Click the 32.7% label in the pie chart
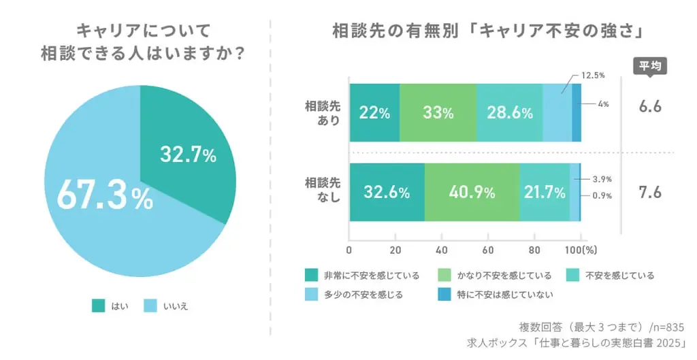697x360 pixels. click(x=188, y=155)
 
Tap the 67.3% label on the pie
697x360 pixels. click(x=104, y=195)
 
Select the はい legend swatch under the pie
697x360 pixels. click(x=98, y=306)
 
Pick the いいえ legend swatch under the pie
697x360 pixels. click(x=150, y=306)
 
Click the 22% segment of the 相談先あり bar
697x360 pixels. click(x=374, y=113)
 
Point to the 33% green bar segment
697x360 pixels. click(x=438, y=113)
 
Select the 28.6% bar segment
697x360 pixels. click(x=509, y=113)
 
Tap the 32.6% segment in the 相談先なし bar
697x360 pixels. click(x=387, y=193)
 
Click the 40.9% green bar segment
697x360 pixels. click(x=472, y=193)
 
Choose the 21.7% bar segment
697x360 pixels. click(x=545, y=193)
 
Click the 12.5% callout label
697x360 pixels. click(x=594, y=76)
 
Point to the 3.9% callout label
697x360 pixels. click(x=602, y=179)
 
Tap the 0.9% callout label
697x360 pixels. click(x=602, y=196)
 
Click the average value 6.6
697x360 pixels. click(x=650, y=107)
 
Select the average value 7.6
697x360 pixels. click(x=650, y=192)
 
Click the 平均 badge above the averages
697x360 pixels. click(x=650, y=66)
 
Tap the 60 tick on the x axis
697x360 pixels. click(x=487, y=249)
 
